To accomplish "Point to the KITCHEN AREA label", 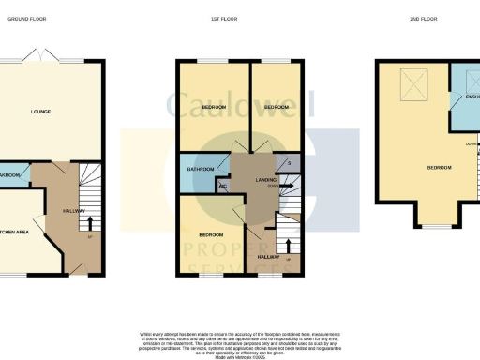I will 19,231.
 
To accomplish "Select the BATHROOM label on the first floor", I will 202,169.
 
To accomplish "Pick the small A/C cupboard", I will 222,186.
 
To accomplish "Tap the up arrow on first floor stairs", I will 287,256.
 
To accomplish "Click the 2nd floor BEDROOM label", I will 439,168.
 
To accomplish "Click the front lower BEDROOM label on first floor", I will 210,233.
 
